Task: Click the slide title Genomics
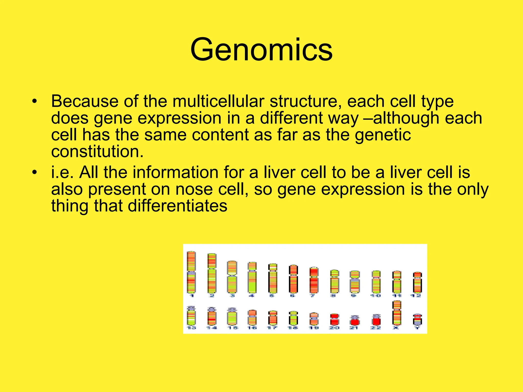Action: coord(261,50)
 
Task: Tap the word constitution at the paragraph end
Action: coord(97,151)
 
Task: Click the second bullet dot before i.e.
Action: coord(35,173)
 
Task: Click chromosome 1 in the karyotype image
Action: coord(191,272)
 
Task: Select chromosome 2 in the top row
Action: coord(212,273)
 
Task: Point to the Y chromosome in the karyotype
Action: coord(417,320)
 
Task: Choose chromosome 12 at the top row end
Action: coord(417,282)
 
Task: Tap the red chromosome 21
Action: coord(355,320)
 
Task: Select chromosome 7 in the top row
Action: coord(314,280)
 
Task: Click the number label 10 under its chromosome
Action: coord(376,296)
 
